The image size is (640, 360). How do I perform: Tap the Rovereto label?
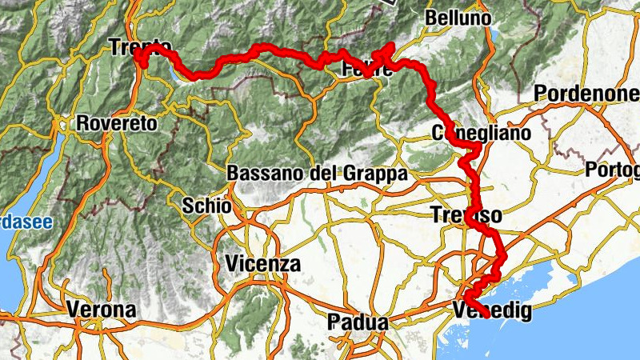(118, 124)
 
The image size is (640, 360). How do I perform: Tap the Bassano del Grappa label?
(318, 173)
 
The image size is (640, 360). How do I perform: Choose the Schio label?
(207, 206)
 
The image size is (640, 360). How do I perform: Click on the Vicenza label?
(262, 263)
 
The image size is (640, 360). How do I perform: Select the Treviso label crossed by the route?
(466, 215)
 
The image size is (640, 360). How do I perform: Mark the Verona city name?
(101, 309)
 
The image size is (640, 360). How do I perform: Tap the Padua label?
(358, 323)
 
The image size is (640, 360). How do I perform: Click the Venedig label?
(492, 311)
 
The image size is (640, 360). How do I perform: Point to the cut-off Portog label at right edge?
(613, 170)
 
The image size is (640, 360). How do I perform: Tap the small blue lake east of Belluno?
(494, 36)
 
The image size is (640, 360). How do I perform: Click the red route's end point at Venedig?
(487, 318)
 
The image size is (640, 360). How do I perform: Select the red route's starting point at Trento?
(138, 58)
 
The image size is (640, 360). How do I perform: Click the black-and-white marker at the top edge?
(390, 2)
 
